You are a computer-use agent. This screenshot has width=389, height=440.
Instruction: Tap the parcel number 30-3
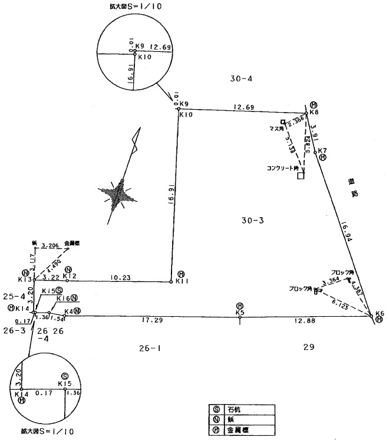click(x=254, y=220)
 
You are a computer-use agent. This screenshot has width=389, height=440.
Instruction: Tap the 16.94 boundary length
click(x=346, y=232)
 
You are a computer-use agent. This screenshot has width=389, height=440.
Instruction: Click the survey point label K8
click(x=314, y=113)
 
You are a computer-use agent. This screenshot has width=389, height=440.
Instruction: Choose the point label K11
click(x=182, y=281)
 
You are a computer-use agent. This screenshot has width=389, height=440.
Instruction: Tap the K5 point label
click(x=240, y=312)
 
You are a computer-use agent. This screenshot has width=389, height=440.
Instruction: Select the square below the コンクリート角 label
click(x=301, y=175)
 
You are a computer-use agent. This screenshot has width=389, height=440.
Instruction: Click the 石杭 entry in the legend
click(x=229, y=409)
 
